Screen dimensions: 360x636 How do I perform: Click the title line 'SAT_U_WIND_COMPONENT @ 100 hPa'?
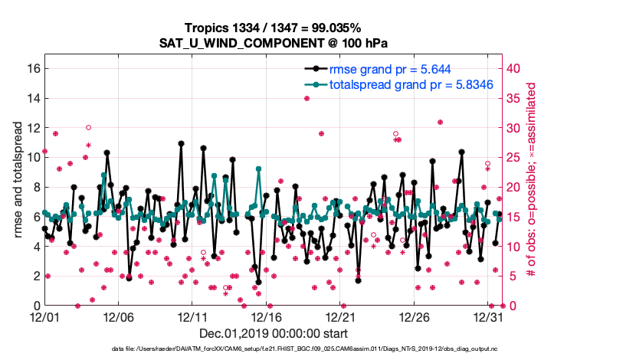click(278, 43)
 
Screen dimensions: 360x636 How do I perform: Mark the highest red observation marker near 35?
click(307, 98)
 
